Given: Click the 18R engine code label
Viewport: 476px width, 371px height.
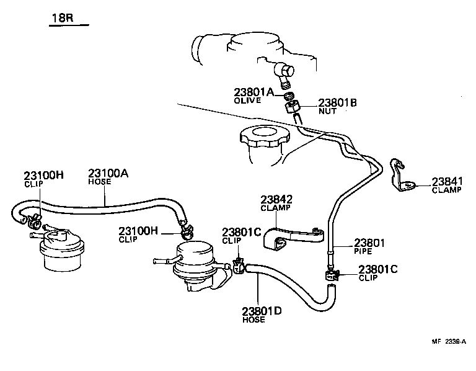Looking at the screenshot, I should click(62, 18).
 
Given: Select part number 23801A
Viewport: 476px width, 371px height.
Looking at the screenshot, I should click(253, 92).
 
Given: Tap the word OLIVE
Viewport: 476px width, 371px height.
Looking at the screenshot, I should click(247, 100).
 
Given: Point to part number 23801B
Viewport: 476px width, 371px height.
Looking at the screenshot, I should click(338, 103).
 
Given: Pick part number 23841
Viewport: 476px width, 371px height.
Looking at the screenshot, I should click(447, 181).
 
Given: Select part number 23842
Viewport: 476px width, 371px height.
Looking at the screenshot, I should click(276, 200).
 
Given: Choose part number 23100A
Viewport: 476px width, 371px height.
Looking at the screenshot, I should click(108, 175).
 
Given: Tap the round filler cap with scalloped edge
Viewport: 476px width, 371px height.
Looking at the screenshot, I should click(263, 138).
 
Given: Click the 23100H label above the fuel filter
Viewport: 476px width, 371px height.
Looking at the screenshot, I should click(44, 175).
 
